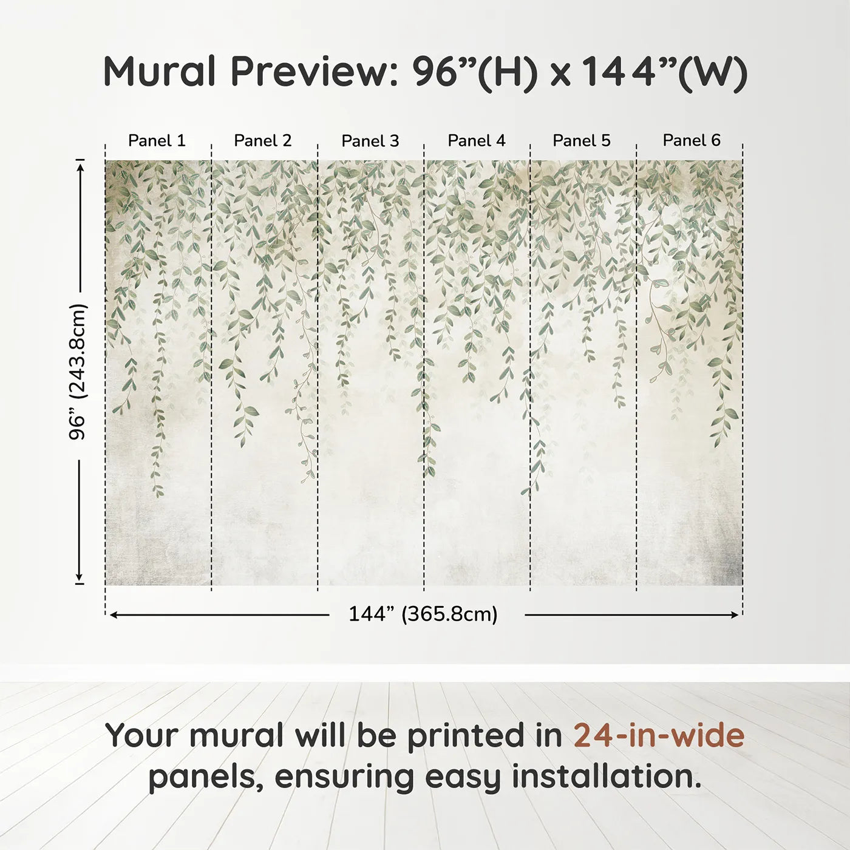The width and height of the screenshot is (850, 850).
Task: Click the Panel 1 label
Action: pos(157,140)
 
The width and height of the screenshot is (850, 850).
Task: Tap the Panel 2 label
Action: pos(263,140)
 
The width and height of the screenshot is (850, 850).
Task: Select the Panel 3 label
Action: pos(370,141)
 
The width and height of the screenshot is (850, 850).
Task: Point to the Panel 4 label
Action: pos(477,140)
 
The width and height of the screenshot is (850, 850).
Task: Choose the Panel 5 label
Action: pos(582,140)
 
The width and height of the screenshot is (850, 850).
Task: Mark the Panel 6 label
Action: pos(692,140)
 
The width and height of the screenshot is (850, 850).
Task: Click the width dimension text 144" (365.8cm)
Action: pos(423,614)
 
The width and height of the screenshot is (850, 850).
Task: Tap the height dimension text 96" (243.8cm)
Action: pos(78,372)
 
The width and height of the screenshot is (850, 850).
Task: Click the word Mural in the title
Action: pos(160,72)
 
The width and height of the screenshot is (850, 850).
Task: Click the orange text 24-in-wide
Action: pos(659,735)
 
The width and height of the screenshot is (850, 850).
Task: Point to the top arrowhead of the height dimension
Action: pos(80,165)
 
